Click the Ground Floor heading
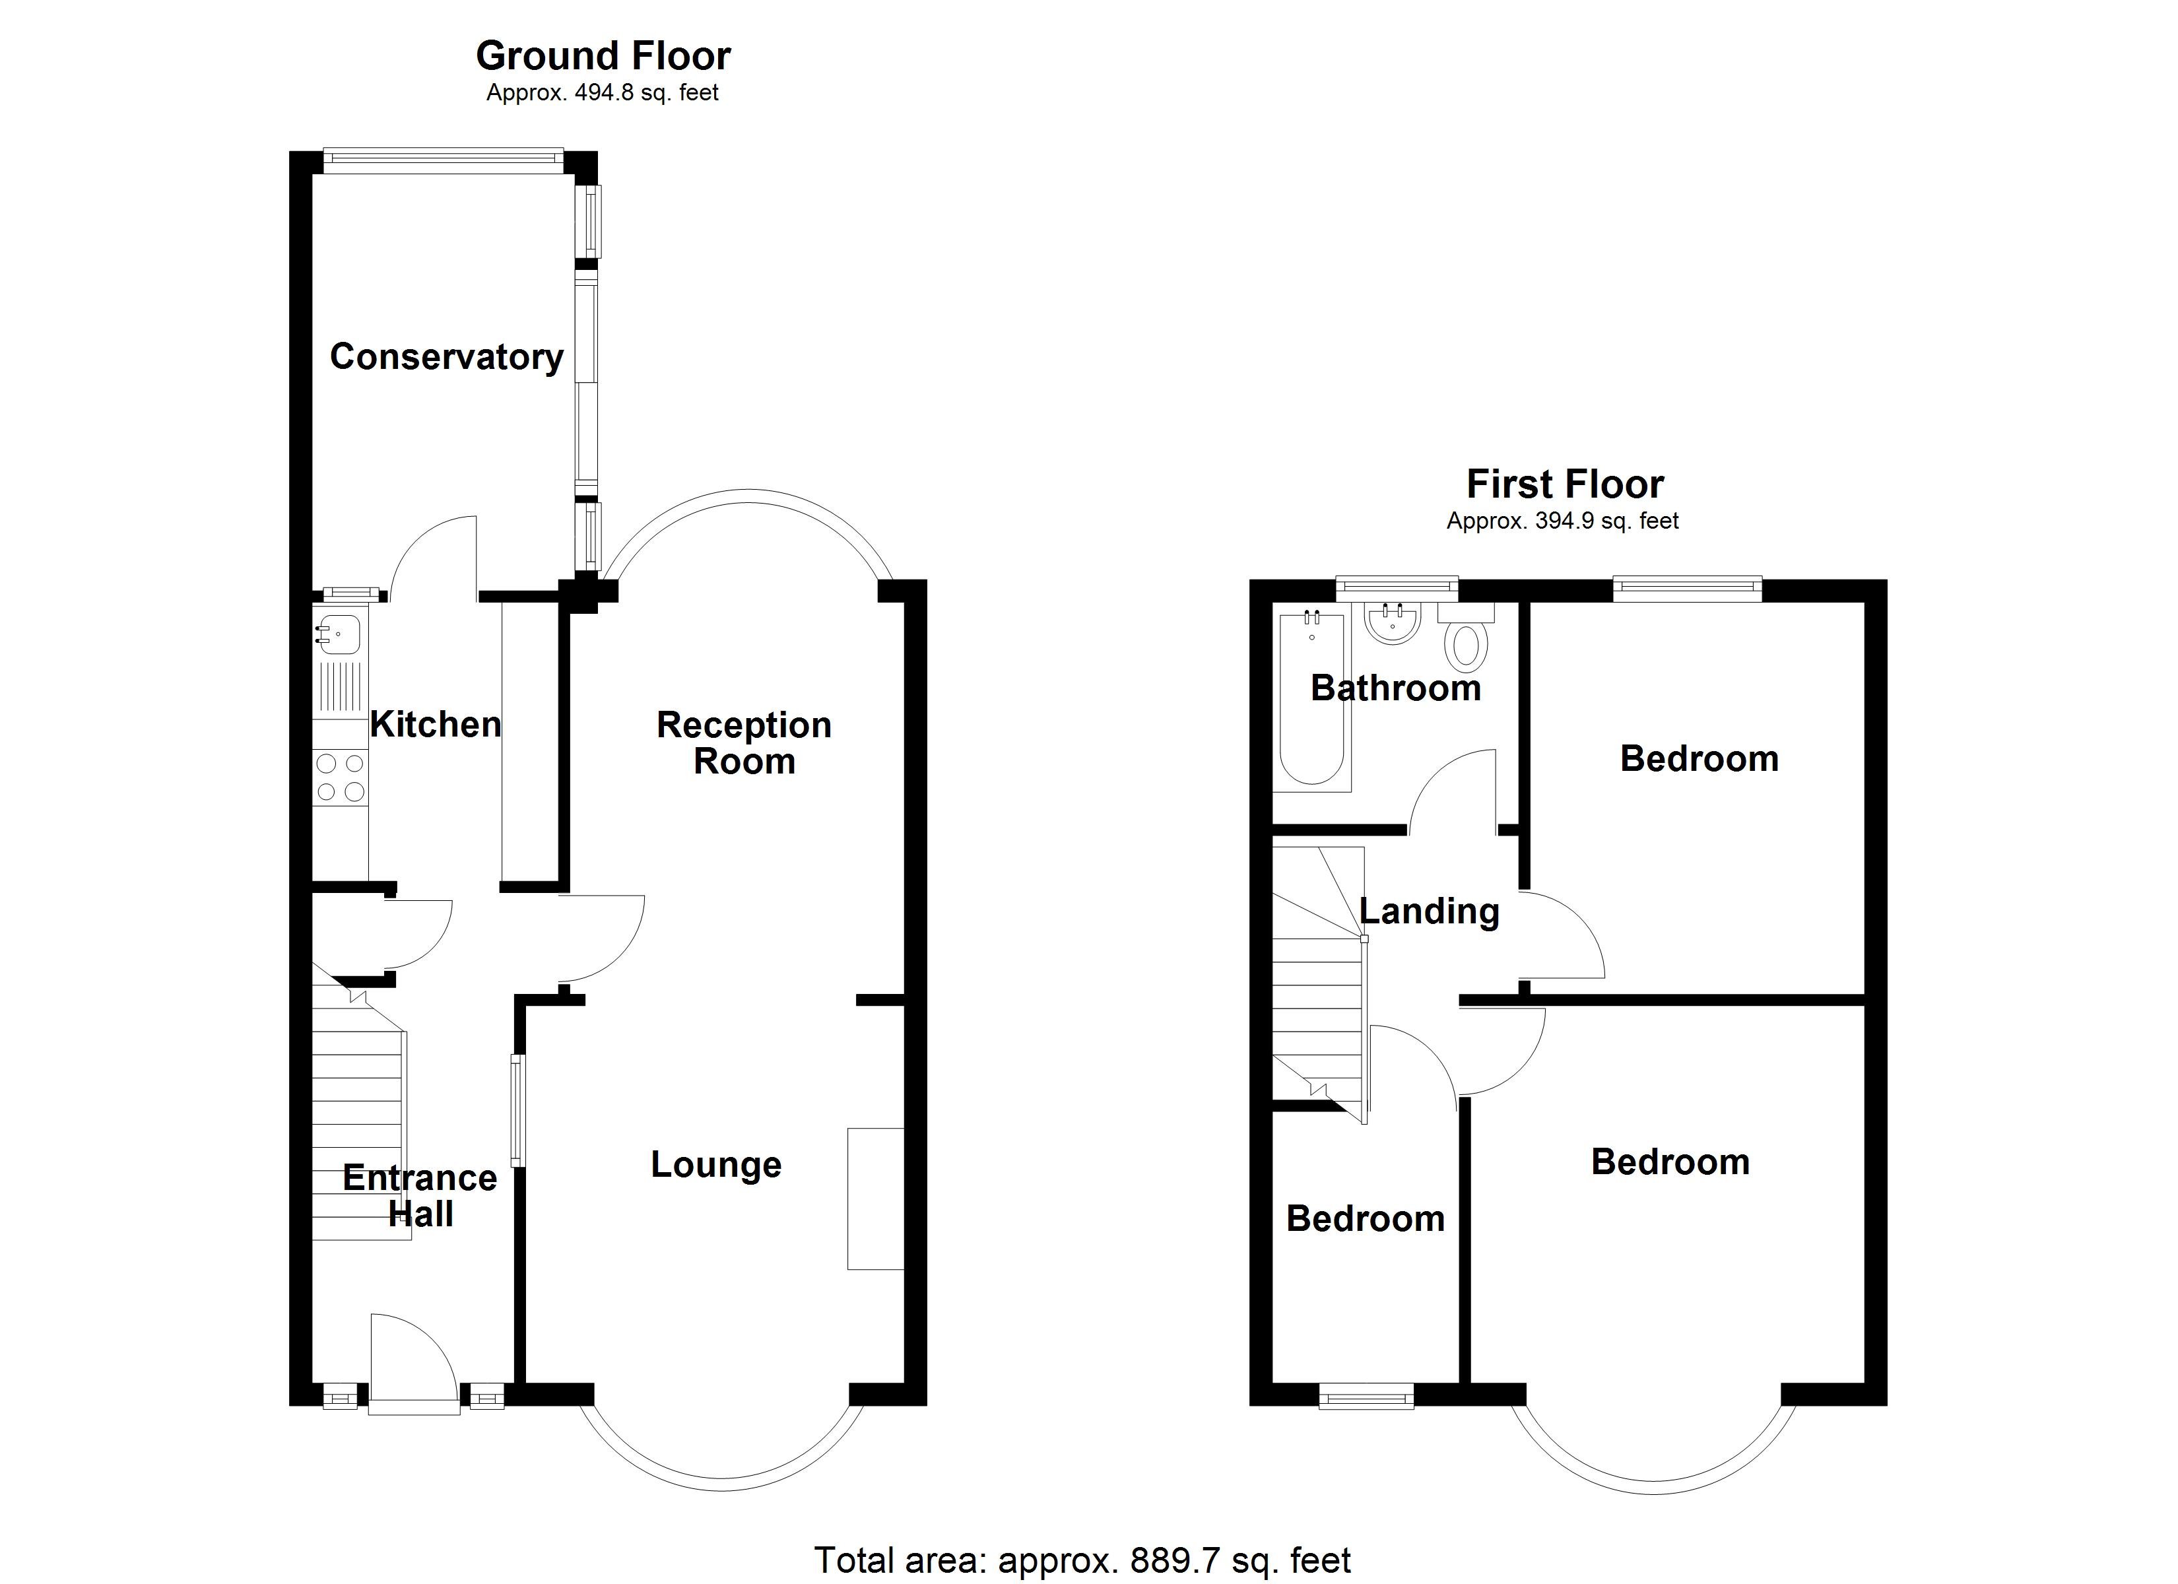tap(603, 57)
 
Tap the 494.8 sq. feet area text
tap(603, 93)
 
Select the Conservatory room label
tap(447, 357)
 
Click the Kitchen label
tap(435, 724)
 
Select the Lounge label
tap(716, 1164)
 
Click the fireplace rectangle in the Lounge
tap(875, 1199)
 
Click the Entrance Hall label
tap(420, 1196)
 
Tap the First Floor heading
tap(1564, 484)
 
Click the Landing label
tap(1429, 911)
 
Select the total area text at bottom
tap(1082, 1560)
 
